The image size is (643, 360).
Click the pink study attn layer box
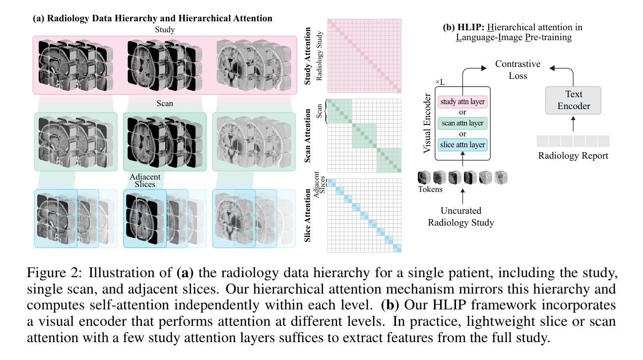point(463,103)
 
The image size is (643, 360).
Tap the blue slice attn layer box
point(463,144)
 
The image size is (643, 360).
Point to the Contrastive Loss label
point(518,70)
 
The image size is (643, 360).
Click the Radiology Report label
point(573,156)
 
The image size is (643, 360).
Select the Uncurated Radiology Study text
point(461,217)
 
